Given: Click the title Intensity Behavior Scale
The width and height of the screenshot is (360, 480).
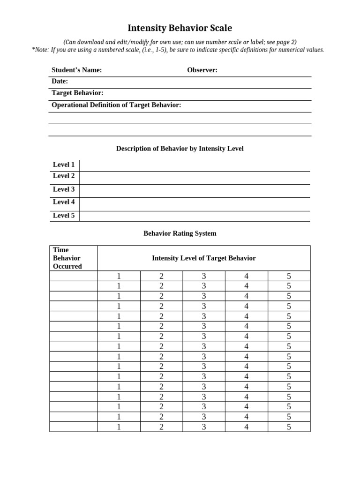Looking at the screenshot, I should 180,28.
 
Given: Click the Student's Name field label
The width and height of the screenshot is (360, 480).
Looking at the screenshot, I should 76,70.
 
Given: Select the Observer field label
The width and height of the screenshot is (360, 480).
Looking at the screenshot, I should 202,70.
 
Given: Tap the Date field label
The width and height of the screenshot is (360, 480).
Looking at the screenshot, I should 60,82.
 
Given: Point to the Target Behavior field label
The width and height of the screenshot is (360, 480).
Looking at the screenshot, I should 77,93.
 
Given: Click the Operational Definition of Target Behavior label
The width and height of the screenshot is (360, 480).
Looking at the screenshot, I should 116,105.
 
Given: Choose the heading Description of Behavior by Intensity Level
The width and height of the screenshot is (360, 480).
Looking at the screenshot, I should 180,149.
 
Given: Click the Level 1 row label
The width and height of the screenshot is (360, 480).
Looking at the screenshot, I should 64,165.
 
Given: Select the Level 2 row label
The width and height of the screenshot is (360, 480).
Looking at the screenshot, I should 64,176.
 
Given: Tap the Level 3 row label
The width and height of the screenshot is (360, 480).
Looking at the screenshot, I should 64,189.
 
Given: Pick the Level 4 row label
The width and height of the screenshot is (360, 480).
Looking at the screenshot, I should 64,202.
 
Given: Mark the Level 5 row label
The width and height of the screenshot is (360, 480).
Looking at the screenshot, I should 64,216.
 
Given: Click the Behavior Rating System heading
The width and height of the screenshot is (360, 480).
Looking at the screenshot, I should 180,233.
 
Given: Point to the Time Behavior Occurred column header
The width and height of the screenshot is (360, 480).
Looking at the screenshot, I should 67,258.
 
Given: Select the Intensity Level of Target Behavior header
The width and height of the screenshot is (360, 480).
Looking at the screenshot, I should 204,258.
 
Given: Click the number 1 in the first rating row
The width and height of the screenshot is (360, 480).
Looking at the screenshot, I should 119,276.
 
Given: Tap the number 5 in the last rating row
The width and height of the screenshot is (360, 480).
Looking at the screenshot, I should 289,427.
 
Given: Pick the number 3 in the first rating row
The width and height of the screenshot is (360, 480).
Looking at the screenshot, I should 204,276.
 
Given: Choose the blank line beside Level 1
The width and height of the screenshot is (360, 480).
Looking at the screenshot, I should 195,165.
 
